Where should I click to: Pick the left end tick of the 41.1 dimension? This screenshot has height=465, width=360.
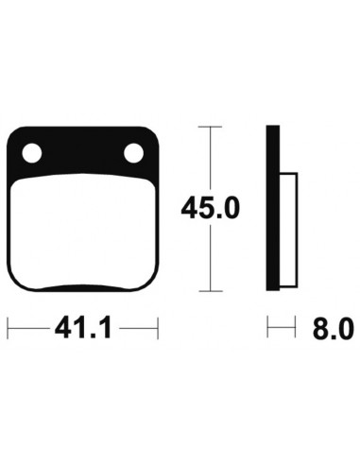tap(9, 329)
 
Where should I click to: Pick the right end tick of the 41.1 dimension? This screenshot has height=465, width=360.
tap(154, 329)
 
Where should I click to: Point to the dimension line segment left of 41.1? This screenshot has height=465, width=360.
tap(28, 329)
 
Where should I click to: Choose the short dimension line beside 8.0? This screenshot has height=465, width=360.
tap(275, 329)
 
